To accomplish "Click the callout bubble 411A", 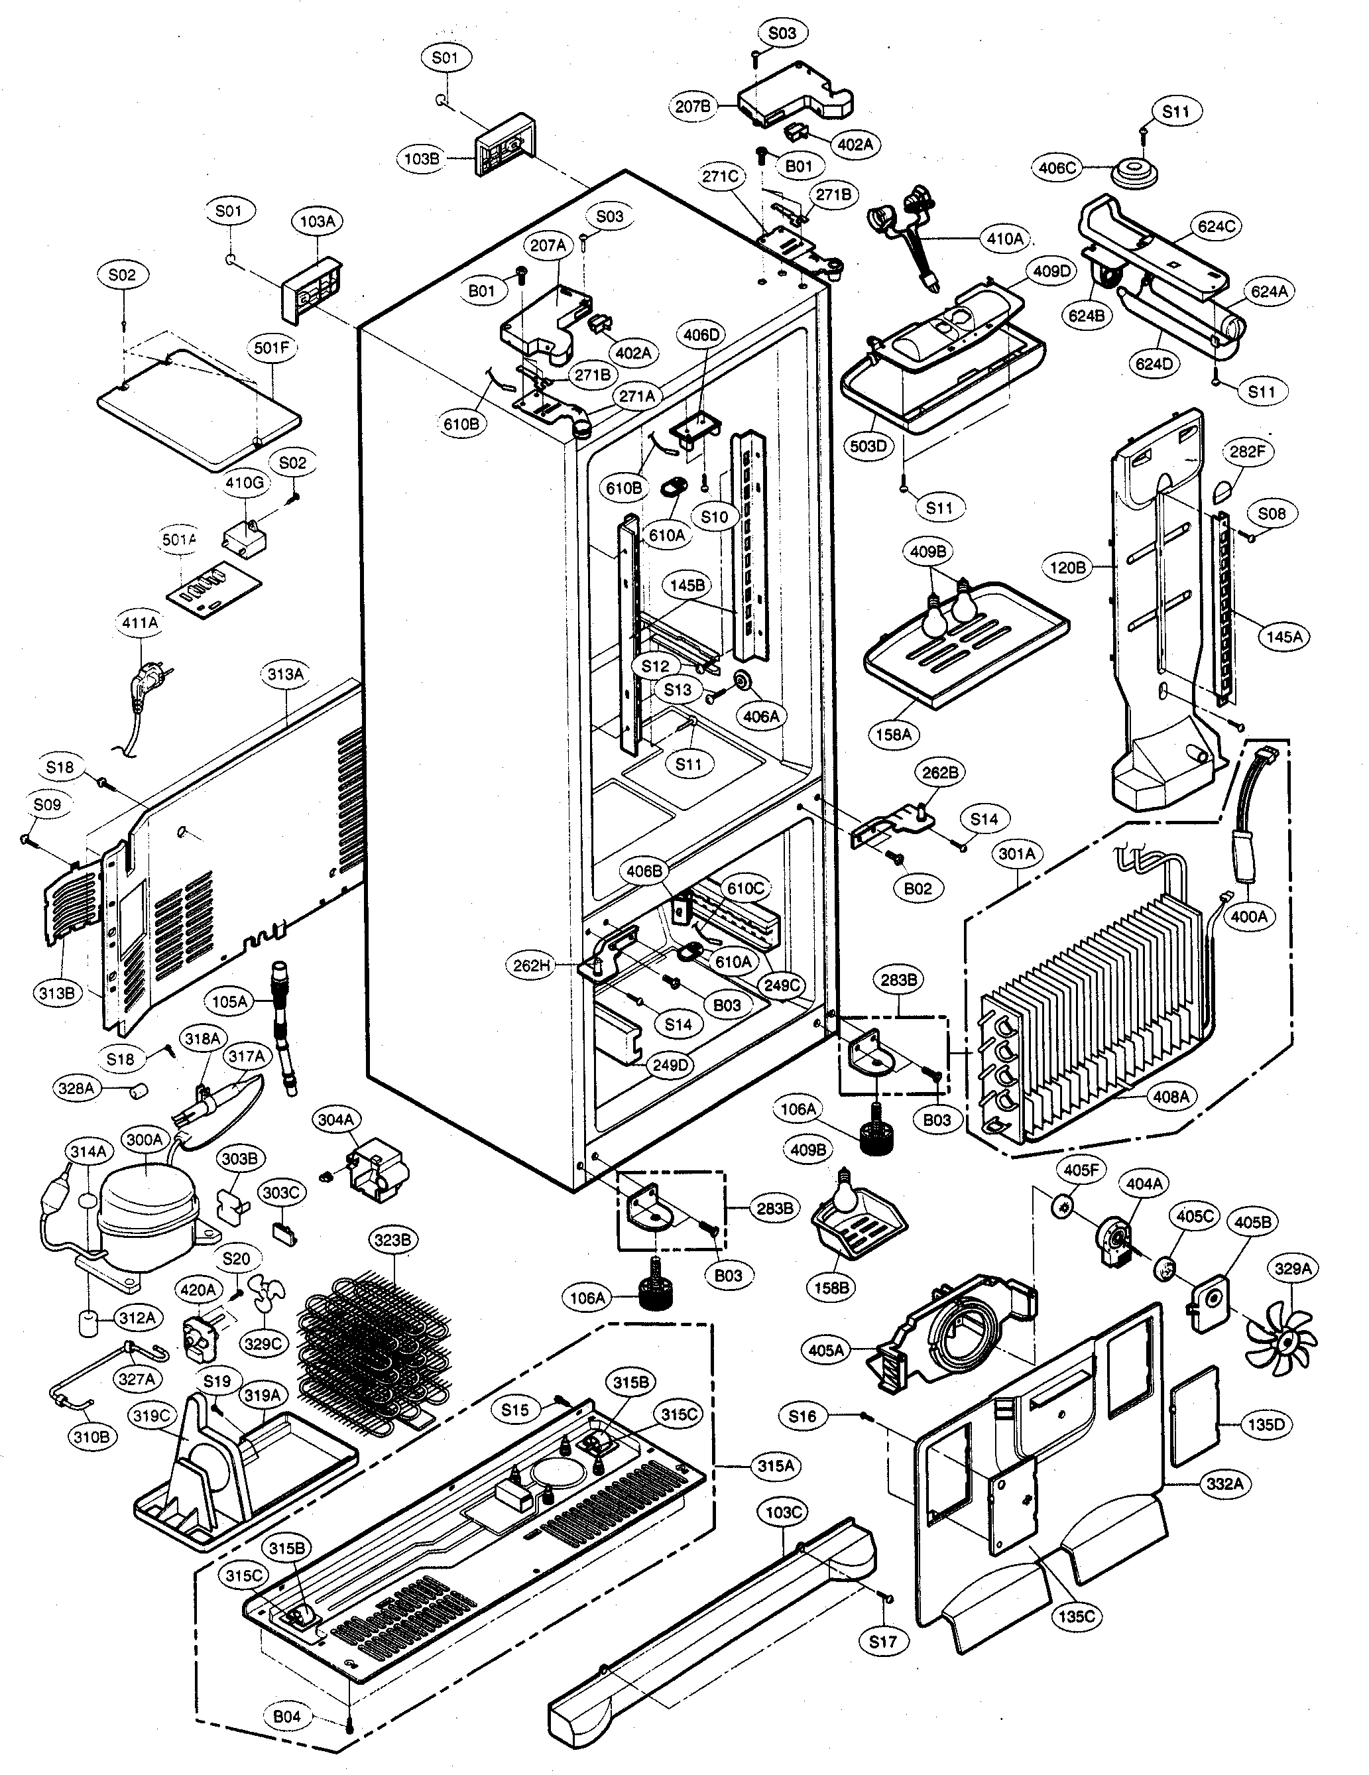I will pos(140,623).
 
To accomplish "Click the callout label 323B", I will pos(392,1240).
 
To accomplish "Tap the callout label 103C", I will pos(784,1512).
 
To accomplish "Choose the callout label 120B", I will pos(1067,568).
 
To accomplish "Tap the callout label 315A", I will pos(775,1465).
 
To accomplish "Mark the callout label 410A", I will pos(1005,239).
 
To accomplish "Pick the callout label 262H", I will pos(532,965).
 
